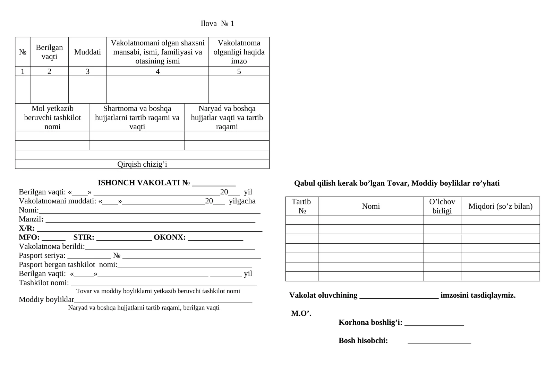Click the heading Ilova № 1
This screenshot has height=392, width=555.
(x=217, y=24)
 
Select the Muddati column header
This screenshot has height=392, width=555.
(x=87, y=52)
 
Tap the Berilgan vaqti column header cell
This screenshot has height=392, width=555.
(x=49, y=52)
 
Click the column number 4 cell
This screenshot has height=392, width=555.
(x=157, y=71)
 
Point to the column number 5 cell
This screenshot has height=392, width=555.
(x=239, y=71)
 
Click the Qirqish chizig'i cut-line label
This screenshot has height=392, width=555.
(x=142, y=164)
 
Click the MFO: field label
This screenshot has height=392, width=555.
(x=29, y=237)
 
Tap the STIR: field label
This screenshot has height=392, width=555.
(x=84, y=237)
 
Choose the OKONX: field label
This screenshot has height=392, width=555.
(x=170, y=237)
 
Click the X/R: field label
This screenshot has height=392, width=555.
(x=27, y=228)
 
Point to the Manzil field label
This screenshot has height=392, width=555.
(x=31, y=219)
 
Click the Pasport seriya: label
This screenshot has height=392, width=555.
(x=42, y=255)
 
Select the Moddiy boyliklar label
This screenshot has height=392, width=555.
(x=46, y=299)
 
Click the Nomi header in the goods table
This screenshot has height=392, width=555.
(x=371, y=206)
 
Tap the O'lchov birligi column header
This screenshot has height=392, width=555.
(x=442, y=206)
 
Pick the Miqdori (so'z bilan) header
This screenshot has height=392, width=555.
(x=500, y=206)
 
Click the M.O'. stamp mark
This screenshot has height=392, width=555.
(x=301, y=313)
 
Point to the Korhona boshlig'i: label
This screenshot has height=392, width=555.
(x=370, y=322)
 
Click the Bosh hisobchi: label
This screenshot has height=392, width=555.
(x=363, y=340)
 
